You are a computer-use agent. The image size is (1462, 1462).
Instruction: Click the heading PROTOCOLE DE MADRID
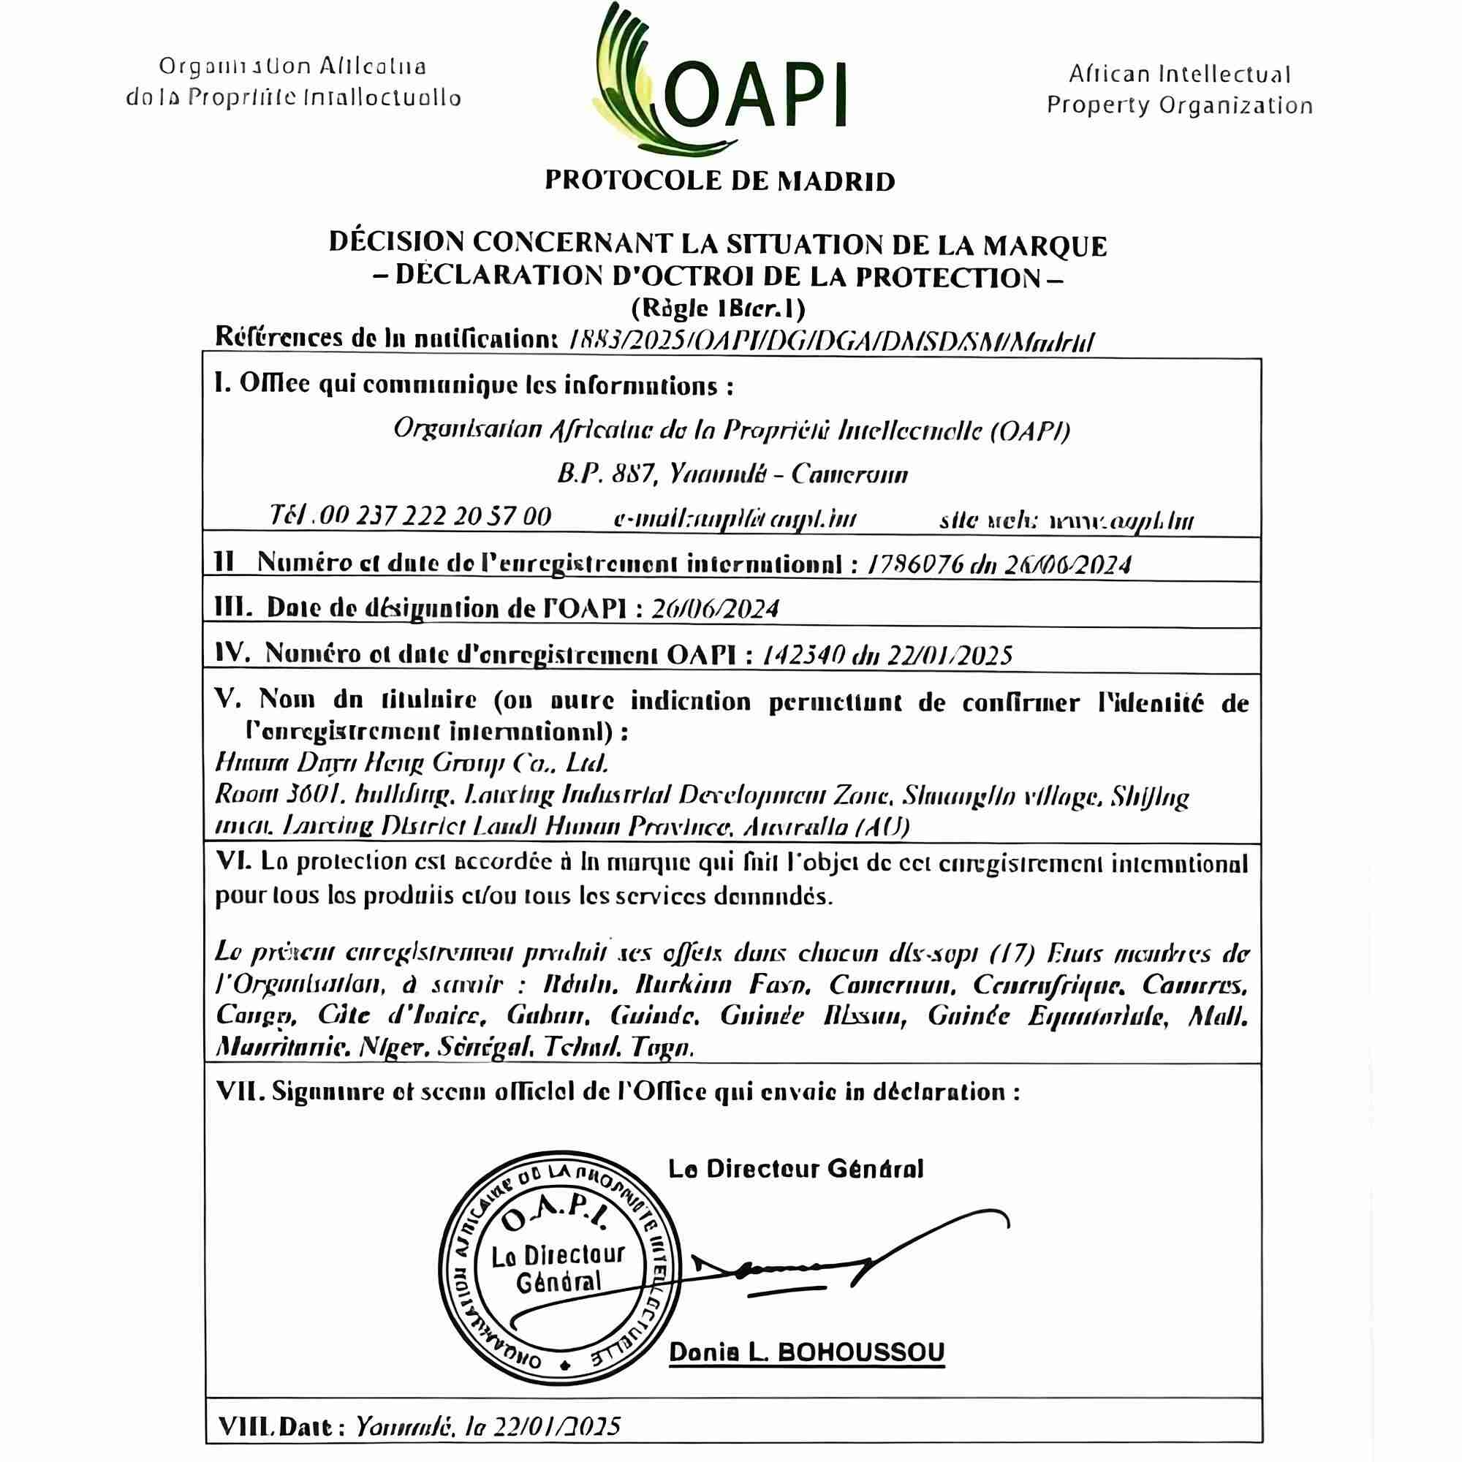click(719, 181)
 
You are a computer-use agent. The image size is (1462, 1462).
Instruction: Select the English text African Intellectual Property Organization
click(1179, 90)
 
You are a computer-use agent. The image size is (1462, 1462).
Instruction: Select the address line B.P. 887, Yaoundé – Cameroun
click(732, 474)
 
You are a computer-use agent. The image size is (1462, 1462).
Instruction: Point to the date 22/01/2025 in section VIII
click(556, 1426)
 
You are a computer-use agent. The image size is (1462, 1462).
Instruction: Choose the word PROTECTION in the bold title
click(950, 278)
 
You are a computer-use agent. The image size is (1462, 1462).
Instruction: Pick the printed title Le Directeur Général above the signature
click(795, 1169)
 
